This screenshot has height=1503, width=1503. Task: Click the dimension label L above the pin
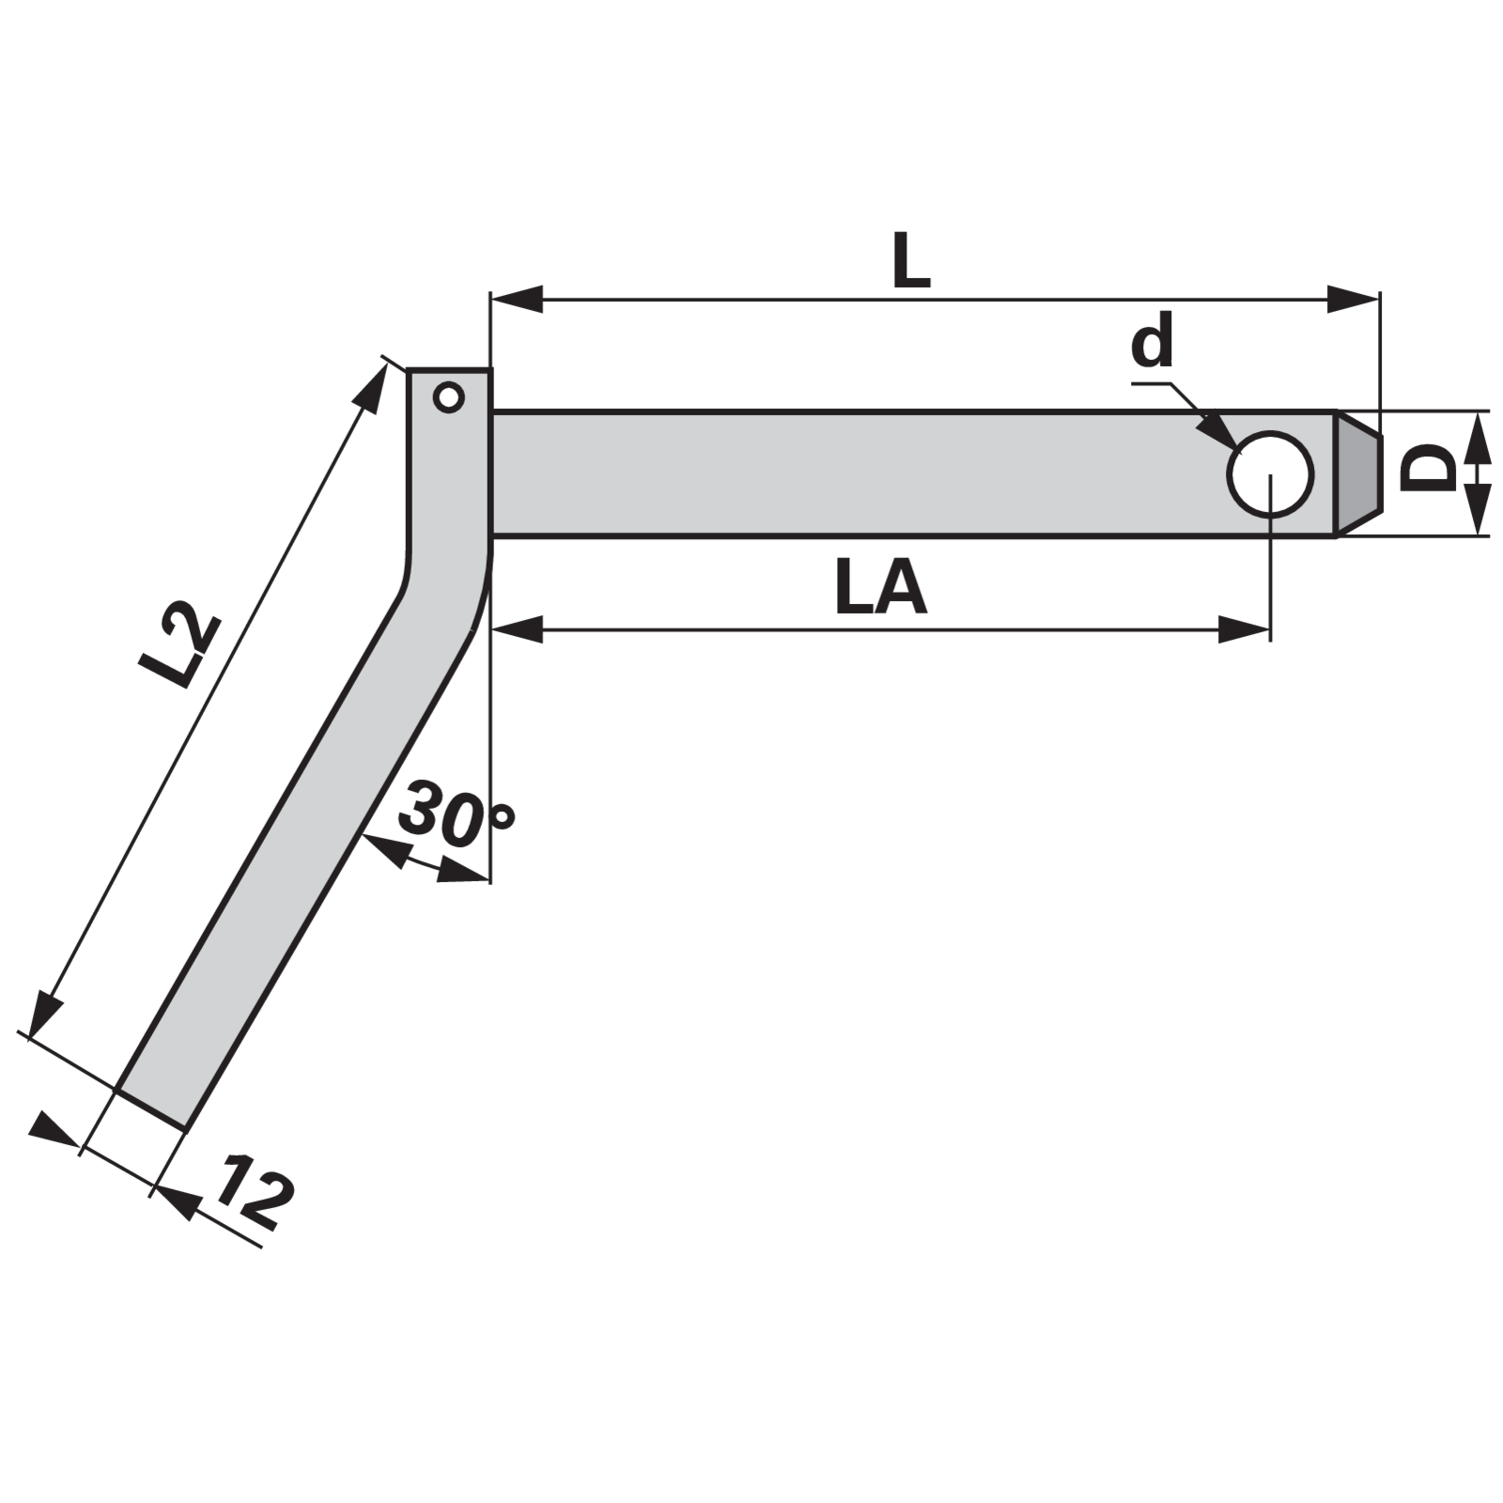[910, 260]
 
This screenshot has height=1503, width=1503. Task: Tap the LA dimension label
[880, 588]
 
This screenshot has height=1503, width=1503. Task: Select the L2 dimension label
[179, 646]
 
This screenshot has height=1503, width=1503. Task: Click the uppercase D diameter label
[1427, 468]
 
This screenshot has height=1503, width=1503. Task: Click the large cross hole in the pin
[1270, 473]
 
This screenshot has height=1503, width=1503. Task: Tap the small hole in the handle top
[449, 397]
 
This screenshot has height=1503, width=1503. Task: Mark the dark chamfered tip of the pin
[1358, 473]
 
